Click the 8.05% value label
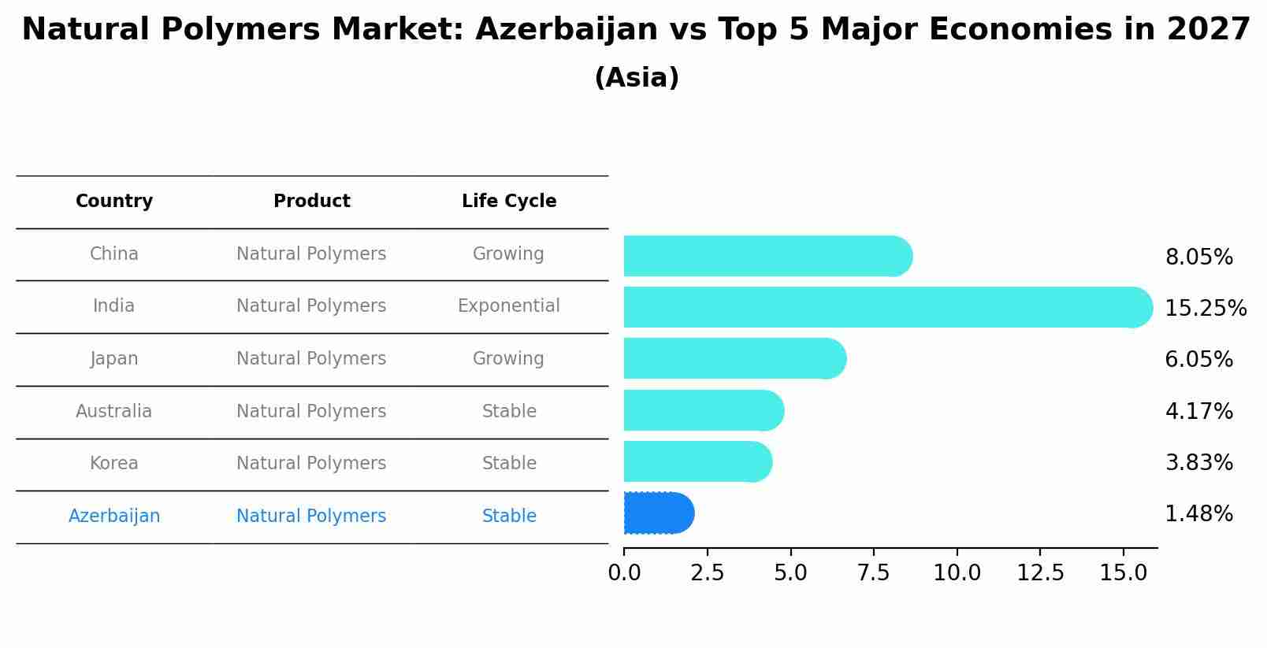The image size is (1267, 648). [1198, 257]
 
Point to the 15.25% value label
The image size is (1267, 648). [1205, 308]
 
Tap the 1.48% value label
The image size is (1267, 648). [1198, 514]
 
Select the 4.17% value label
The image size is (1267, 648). [1198, 411]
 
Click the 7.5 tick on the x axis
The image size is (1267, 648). [873, 573]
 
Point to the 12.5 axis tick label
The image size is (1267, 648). [1040, 573]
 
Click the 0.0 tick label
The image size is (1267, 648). [624, 573]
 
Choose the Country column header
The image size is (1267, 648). [114, 202]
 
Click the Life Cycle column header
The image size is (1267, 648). [509, 202]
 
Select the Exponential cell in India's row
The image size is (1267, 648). [509, 306]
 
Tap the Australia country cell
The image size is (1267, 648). [114, 411]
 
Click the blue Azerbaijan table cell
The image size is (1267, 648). [114, 517]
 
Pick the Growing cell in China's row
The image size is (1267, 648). [508, 254]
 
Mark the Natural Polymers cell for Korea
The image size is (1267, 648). [311, 464]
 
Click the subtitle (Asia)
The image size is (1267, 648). [637, 78]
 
